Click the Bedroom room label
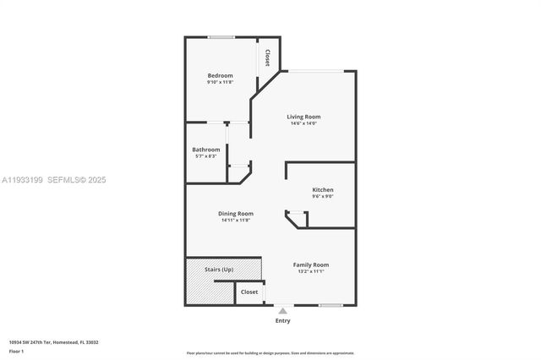point(220,75)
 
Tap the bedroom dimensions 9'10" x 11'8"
point(220,82)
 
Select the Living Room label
point(303,117)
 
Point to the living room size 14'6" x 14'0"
point(303,123)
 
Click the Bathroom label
point(205,150)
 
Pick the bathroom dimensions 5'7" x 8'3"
point(205,156)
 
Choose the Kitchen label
point(323,190)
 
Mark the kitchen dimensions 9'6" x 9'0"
point(323,197)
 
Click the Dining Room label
point(237,214)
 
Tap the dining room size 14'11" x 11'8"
point(237,221)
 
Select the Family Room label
point(311,265)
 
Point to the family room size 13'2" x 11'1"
point(311,271)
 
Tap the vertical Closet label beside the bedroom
point(267,58)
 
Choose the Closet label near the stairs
point(249,292)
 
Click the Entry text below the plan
point(282,320)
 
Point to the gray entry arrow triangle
point(282,311)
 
